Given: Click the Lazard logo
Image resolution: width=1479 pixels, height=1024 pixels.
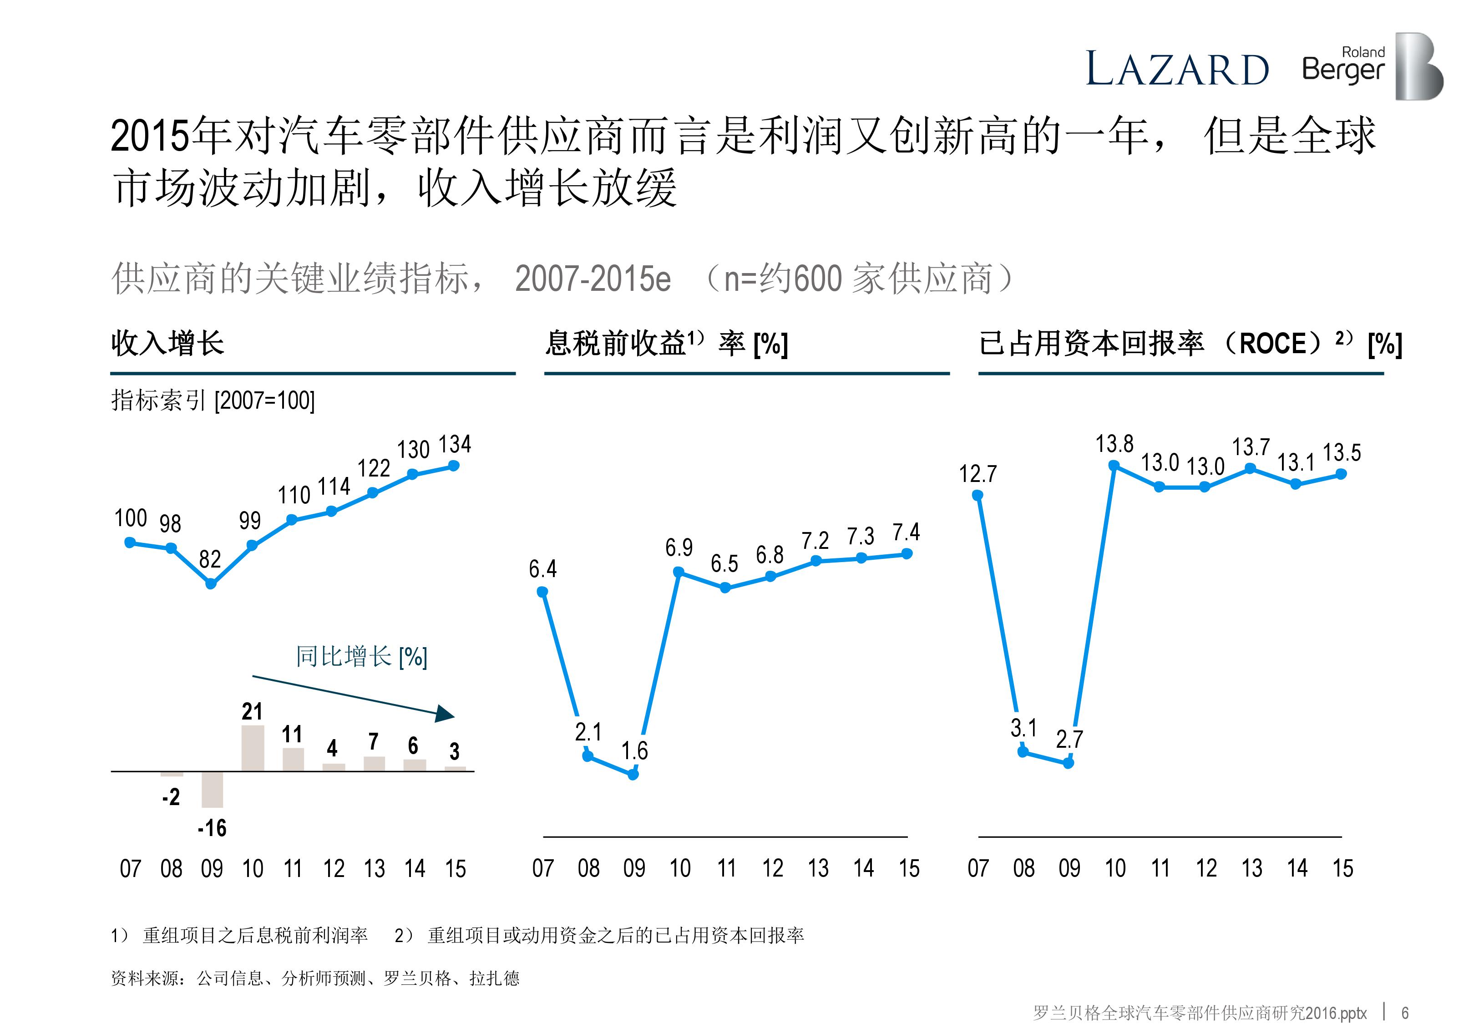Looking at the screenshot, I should tap(1177, 69).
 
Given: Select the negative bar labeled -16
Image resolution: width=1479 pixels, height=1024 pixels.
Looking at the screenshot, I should tap(213, 789).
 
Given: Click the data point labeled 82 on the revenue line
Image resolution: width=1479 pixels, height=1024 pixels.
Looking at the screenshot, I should tap(210, 584).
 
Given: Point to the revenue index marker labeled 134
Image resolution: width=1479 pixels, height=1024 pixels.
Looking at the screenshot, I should tap(453, 466).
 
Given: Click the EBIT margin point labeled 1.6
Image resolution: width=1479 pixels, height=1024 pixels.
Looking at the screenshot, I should tap(633, 775).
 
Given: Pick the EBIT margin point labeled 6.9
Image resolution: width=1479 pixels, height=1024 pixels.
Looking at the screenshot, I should tap(679, 573).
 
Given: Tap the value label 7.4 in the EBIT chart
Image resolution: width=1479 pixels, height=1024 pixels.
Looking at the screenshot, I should tap(906, 532).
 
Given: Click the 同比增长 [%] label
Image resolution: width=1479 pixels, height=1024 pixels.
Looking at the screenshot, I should tap(361, 656).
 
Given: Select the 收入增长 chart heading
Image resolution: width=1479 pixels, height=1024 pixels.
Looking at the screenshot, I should tap(167, 343).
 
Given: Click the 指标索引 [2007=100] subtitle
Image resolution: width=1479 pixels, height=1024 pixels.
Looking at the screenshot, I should tap(213, 400).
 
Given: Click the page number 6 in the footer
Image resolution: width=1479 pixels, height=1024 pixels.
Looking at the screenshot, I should tap(1405, 1013).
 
